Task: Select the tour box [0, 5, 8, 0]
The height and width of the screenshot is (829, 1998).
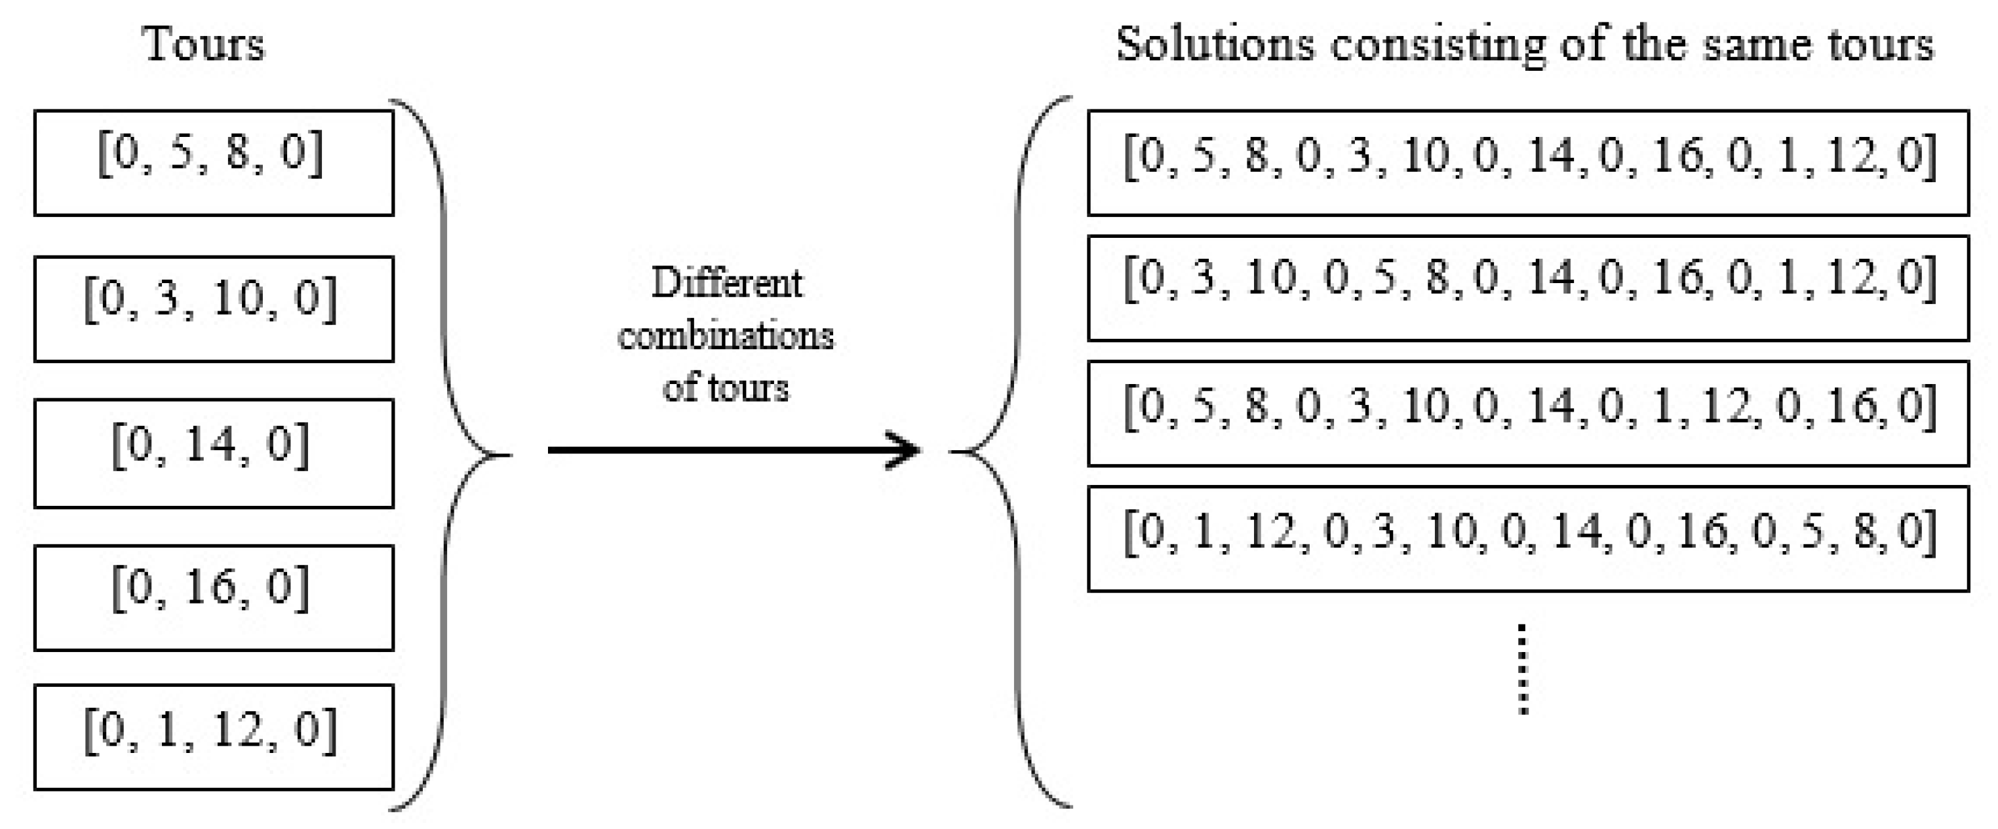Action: click(x=213, y=163)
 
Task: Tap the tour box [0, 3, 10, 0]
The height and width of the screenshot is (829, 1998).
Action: click(x=213, y=309)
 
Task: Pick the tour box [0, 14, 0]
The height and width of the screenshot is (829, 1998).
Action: click(x=213, y=453)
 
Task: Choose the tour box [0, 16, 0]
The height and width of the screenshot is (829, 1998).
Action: click(x=213, y=598)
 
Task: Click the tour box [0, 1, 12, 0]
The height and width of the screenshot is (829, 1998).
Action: click(x=213, y=737)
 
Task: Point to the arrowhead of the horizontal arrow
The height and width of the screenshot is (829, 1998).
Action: click(x=907, y=450)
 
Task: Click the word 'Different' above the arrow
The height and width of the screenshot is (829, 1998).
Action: click(x=726, y=283)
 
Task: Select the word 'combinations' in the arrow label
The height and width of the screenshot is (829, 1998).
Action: click(x=726, y=336)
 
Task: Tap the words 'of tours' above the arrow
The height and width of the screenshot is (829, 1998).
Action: click(x=726, y=387)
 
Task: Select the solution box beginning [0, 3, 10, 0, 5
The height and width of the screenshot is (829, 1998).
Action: click(x=1528, y=288)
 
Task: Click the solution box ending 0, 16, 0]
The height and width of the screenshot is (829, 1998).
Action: click(x=1528, y=414)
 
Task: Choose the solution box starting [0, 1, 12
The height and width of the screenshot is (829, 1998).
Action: click(x=1528, y=539)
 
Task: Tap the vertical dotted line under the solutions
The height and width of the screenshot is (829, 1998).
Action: click(x=1523, y=668)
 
